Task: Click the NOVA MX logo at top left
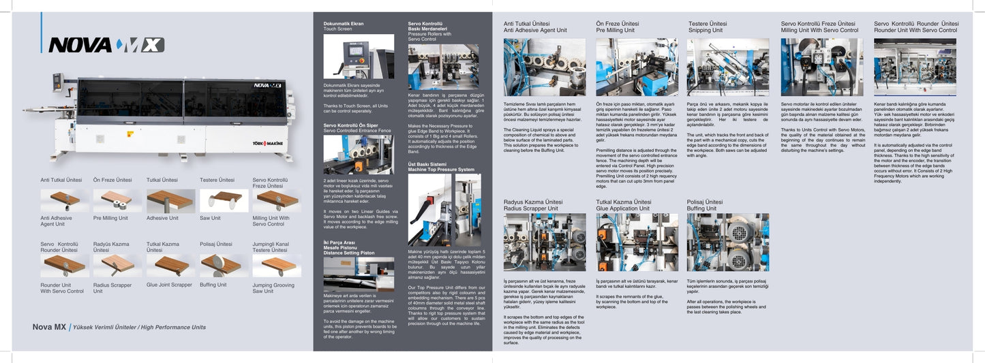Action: tap(106, 45)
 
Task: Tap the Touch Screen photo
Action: tap(359, 57)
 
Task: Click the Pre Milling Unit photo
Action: tap(637, 67)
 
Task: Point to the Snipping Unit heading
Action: tap(708, 27)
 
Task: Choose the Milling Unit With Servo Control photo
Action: tap(821, 67)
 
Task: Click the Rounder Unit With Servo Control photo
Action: tap(915, 67)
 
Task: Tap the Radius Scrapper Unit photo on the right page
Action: tap(544, 242)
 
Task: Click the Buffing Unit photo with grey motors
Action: tap(727, 242)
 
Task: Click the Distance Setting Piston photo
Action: tap(359, 274)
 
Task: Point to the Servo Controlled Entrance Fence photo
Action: tap(359, 155)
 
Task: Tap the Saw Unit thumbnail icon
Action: tap(224, 200)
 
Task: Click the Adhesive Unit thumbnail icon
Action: tap(170, 200)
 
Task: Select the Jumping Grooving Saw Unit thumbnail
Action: tap(277, 266)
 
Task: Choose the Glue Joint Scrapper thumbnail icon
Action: tap(170, 266)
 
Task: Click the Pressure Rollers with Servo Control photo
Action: tap(443, 67)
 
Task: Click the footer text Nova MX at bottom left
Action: tap(49, 327)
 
